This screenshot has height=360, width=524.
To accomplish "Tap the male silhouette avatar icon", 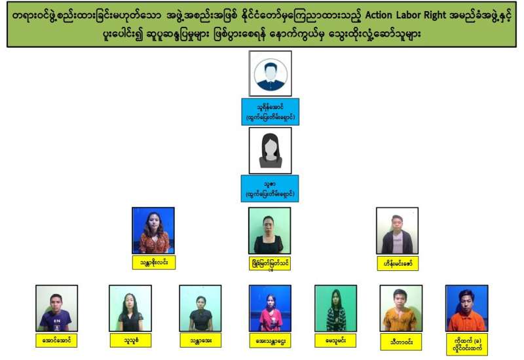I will tap(270, 73).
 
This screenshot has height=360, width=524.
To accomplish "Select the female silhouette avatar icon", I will tap(270, 150).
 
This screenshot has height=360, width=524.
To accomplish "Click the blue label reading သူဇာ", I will tap(270, 188).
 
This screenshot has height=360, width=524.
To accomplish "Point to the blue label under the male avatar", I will tap(270, 112).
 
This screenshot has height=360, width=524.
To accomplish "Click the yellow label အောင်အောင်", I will tap(56, 340).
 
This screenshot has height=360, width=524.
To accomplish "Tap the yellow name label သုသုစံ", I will tap(130, 340).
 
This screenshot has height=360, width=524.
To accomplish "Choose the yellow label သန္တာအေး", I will tap(200, 340).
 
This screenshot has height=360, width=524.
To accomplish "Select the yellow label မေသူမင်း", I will tap(335, 340).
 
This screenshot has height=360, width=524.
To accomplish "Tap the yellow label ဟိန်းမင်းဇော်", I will tap(397, 264).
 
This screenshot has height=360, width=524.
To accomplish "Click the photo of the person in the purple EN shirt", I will tap(56, 308).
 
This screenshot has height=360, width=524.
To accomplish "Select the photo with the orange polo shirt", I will tap(466, 308).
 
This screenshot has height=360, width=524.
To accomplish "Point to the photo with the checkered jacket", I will tap(335, 308).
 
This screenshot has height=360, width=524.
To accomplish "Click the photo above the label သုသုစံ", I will tap(130, 308).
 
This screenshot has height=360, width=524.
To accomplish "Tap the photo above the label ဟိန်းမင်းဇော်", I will tap(397, 230).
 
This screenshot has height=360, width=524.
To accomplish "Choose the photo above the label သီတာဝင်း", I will tap(401, 308).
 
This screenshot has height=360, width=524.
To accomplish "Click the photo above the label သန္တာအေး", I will tap(200, 308).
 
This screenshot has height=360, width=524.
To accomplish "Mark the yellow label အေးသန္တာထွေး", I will tap(270, 340).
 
